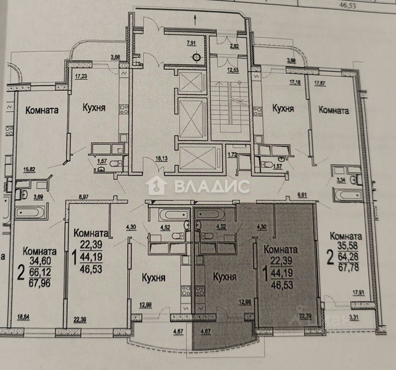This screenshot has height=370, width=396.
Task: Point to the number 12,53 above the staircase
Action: (x=234, y=70)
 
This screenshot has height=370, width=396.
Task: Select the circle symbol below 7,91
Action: (x=197, y=57)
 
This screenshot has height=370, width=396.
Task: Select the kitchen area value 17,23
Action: (x=81, y=76)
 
